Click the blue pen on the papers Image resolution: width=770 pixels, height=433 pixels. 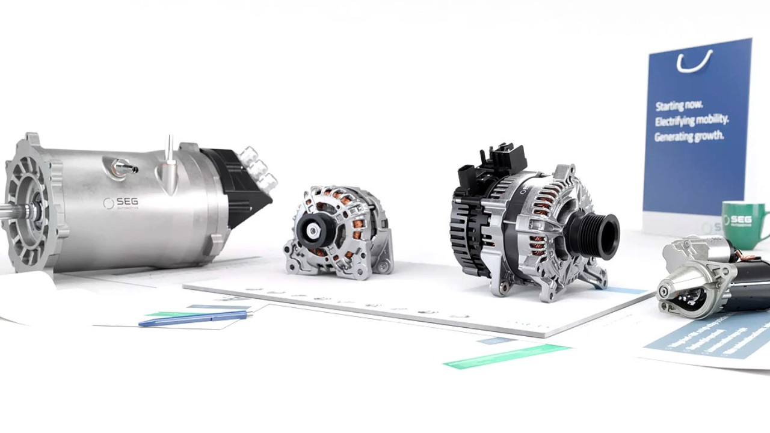194,319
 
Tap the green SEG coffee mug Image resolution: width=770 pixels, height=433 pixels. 741,223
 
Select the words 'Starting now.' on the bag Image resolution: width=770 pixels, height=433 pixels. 679,106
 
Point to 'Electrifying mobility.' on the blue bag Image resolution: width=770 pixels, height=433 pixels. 692,121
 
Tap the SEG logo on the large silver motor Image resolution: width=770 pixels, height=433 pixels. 121,203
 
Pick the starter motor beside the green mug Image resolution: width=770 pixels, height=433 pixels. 710,274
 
